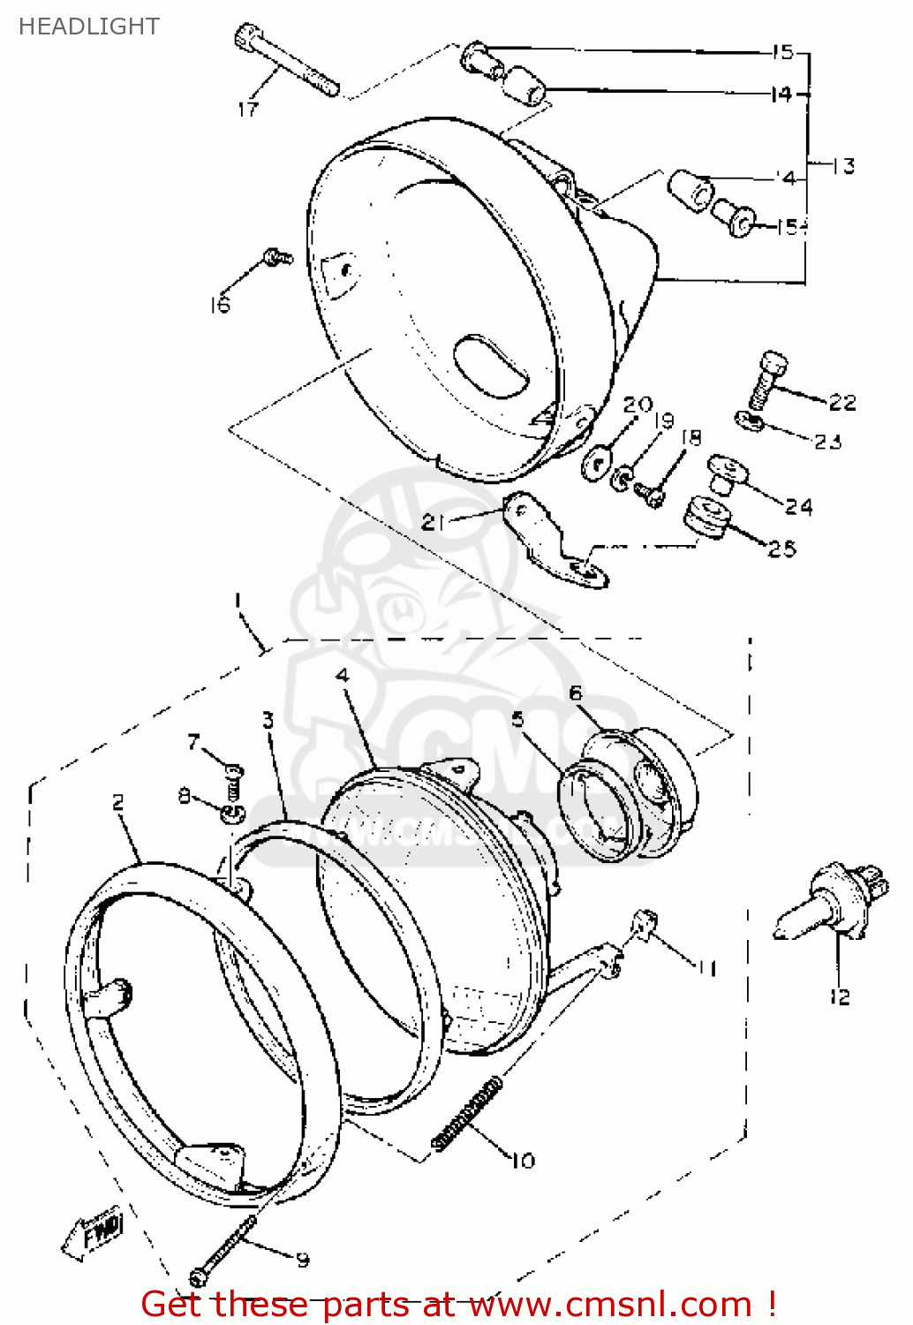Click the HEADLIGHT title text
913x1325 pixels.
[88, 26]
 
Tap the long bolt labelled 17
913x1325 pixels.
[287, 62]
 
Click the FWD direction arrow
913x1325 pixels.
[94, 1232]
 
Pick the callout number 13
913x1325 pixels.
[844, 166]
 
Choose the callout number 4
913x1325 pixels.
[343, 676]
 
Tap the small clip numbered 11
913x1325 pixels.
[646, 926]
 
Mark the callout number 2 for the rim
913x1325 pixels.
[118, 802]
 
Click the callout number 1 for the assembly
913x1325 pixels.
[237, 601]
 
